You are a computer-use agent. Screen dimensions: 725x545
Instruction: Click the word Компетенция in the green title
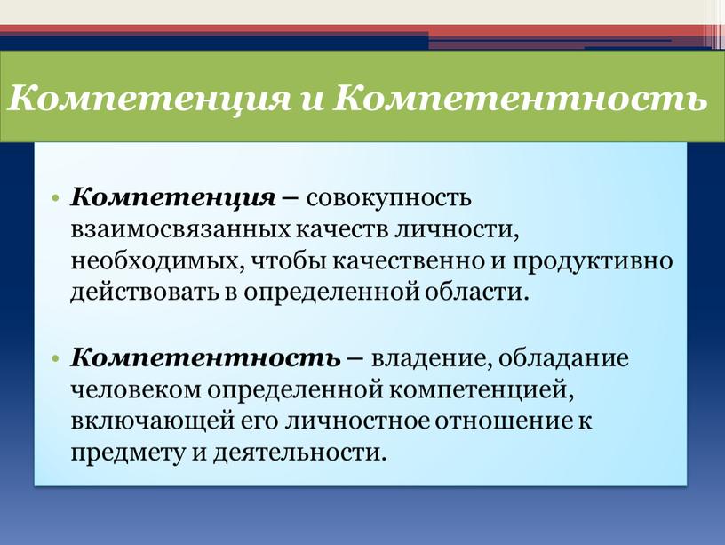[149, 99]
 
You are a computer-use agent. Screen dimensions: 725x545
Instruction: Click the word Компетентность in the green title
[521, 97]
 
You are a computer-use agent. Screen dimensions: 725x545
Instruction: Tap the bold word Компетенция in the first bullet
[173, 199]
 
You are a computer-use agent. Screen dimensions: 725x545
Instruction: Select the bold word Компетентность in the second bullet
[205, 358]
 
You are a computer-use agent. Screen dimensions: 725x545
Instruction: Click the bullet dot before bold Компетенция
[56, 199]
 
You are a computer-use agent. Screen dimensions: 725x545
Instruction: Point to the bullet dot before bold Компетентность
[56, 358]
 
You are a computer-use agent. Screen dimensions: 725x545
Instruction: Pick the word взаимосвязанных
[180, 230]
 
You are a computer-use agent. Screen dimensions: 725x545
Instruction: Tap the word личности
[456, 230]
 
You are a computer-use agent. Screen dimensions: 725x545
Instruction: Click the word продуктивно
[593, 262]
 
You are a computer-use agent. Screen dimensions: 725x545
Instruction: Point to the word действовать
[144, 293]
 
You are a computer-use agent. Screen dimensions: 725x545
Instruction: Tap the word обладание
[563, 358]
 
